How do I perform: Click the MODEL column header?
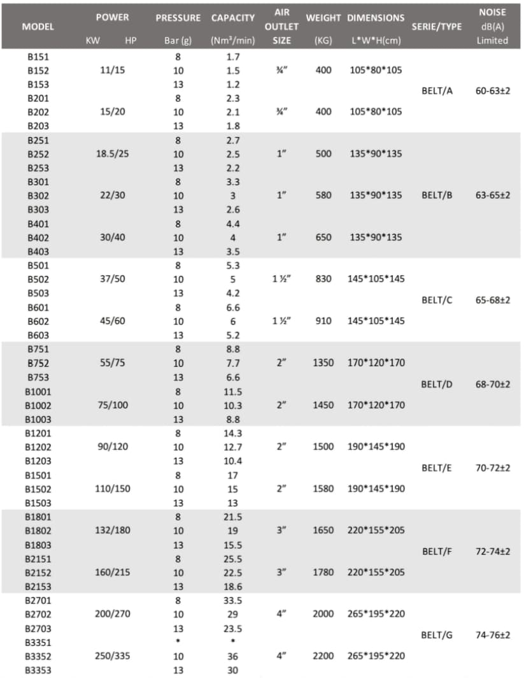[38, 27]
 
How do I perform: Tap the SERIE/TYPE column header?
[437, 27]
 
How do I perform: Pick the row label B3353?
[38, 670]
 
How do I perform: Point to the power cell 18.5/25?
[112, 154]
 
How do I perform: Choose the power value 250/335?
[112, 656]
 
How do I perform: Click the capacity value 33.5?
[232, 600]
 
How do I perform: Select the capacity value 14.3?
[232, 433]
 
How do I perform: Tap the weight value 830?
[323, 279]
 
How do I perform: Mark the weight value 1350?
[323, 362]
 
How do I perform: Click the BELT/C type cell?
[437, 300]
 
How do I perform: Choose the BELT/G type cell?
[437, 635]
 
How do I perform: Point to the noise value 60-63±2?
[492, 90]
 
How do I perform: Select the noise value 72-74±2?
[492, 551]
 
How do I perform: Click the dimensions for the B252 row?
[376, 154]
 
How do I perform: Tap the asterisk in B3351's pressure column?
[178, 642]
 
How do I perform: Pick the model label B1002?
[38, 405]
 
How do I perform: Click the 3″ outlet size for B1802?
[281, 530]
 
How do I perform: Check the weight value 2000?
[323, 614]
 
